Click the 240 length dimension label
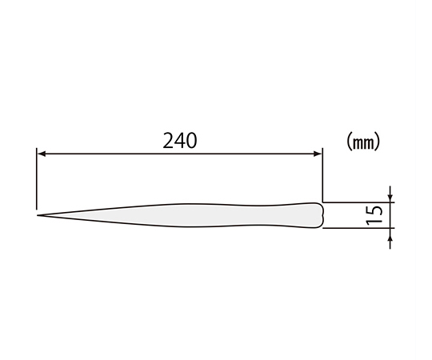[180, 141]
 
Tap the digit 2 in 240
[168, 141]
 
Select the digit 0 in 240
[192, 141]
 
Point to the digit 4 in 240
[180, 141]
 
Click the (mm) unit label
[363, 142]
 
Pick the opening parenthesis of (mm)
[349, 142]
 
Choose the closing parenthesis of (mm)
[377, 142]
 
